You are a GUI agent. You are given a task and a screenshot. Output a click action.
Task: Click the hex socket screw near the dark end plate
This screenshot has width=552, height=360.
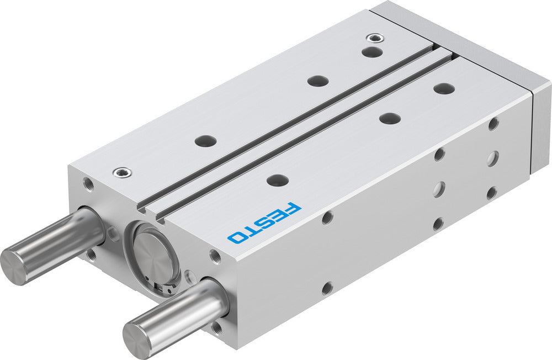(x=373, y=39)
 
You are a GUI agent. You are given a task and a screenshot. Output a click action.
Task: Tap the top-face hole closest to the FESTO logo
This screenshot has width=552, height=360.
(x=277, y=180)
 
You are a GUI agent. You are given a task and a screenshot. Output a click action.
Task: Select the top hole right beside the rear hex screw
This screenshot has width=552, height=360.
(x=373, y=51)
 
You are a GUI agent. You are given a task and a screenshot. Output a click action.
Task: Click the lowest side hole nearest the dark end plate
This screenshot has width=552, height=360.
(x=491, y=193)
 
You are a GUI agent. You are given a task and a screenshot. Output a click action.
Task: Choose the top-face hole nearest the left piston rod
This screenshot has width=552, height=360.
(x=206, y=140)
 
